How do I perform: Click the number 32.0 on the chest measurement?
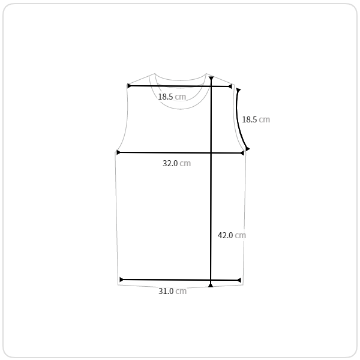[x=170, y=163]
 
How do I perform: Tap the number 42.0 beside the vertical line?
[x=225, y=235]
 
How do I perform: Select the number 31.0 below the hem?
[x=166, y=291]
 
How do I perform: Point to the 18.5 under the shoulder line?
[x=166, y=97]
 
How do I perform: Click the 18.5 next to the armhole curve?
[x=250, y=119]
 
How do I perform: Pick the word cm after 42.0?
[x=241, y=235]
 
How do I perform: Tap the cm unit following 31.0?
[x=181, y=292]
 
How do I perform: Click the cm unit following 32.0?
[x=185, y=163]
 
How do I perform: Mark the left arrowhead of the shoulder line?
[x=129, y=86]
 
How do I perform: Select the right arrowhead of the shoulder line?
[x=229, y=86]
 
